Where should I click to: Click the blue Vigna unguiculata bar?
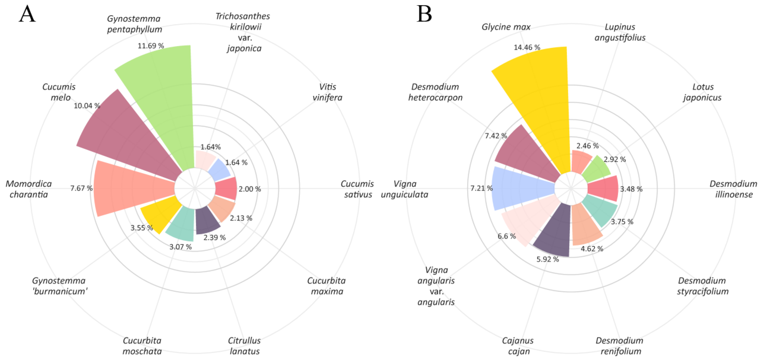pos(522,189)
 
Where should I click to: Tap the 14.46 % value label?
pos(527,47)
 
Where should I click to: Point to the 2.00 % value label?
pos(250,189)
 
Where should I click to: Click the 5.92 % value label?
pos(548,259)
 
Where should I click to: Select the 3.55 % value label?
pos(142,228)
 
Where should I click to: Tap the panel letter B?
pos(424,14)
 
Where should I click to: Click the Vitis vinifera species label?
pos(327,92)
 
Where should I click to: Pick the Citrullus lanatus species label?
pos(244,346)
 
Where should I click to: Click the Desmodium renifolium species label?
pos(620,346)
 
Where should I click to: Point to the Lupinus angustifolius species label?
pos(620,32)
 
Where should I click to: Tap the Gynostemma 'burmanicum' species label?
pos(60,286)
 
